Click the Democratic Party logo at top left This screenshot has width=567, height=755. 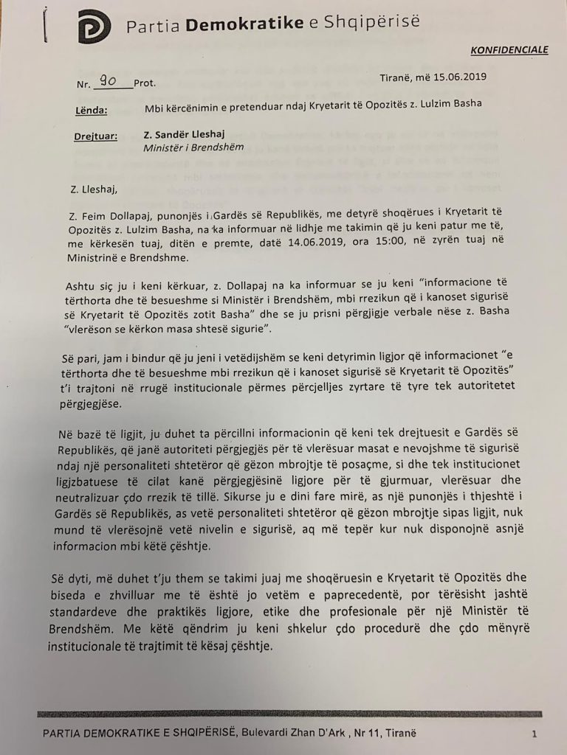click(x=94, y=27)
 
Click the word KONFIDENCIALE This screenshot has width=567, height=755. click(x=509, y=50)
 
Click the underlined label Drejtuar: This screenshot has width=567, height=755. click(x=96, y=137)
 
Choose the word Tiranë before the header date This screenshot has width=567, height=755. click(x=391, y=77)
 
